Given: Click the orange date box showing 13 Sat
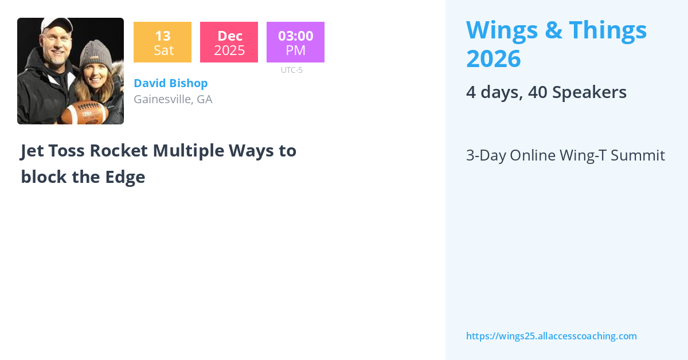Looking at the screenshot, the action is [162, 42].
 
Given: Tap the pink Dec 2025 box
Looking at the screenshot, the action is [229, 42].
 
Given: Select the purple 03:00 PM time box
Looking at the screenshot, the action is [295, 42].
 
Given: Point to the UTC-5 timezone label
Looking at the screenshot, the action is [292, 70].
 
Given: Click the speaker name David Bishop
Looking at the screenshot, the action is [171, 83].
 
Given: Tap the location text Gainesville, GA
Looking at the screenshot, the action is [173, 99].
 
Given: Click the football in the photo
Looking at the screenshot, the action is [84, 113].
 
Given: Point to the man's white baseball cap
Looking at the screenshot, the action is [57, 25].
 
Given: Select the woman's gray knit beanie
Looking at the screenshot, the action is [96, 54].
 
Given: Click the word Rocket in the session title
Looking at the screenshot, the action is [119, 151].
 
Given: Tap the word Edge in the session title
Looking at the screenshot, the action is [125, 177].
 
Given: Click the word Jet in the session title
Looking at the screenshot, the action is [32, 151].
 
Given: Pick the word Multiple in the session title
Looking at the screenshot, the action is [189, 151].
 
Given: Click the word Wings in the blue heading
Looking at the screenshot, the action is [502, 30].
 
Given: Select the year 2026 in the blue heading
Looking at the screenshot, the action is [494, 58].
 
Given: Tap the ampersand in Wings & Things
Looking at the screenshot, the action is [553, 30].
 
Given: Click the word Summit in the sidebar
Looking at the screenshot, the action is [638, 155].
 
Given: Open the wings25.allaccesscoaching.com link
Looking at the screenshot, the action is [552, 336].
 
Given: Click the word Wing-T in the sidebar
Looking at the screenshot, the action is [583, 156].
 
